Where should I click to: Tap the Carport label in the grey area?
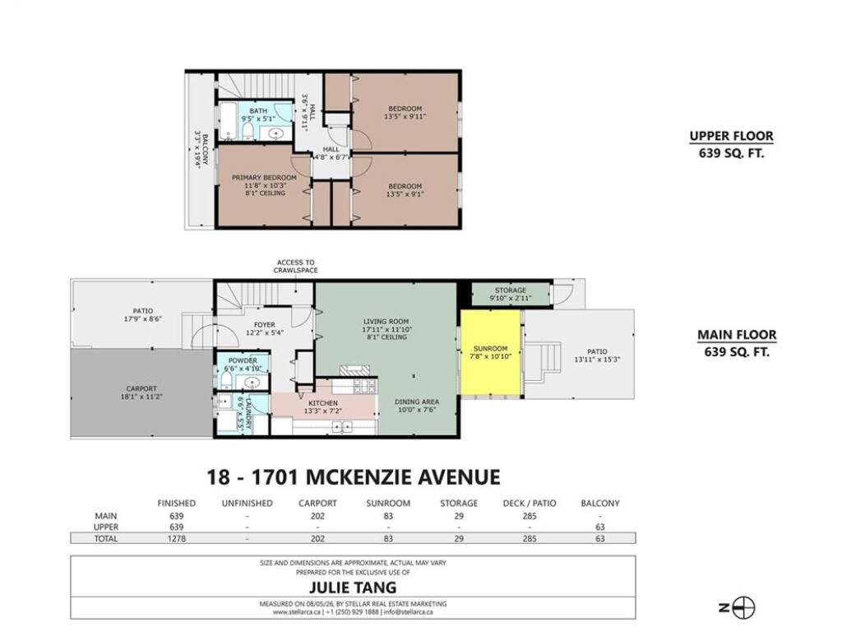click(141, 388)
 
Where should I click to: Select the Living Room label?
click(386, 322)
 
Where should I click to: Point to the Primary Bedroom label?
click(264, 178)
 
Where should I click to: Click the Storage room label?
click(510, 290)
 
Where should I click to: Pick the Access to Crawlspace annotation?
click(296, 267)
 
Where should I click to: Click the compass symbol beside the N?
click(744, 608)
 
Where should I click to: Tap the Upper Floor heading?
click(731, 136)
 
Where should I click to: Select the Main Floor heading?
click(737, 335)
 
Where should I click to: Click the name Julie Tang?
click(353, 587)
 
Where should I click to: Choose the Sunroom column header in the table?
click(388, 504)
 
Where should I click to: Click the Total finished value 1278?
click(177, 538)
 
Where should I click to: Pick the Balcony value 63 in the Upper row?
click(599, 527)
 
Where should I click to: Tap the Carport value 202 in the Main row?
click(317, 516)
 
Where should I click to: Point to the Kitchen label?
click(323, 403)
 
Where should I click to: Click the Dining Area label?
click(417, 402)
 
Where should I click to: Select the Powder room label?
click(243, 360)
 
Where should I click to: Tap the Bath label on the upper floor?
click(258, 111)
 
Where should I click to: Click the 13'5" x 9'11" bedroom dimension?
click(405, 116)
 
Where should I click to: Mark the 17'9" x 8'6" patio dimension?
click(143, 318)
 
